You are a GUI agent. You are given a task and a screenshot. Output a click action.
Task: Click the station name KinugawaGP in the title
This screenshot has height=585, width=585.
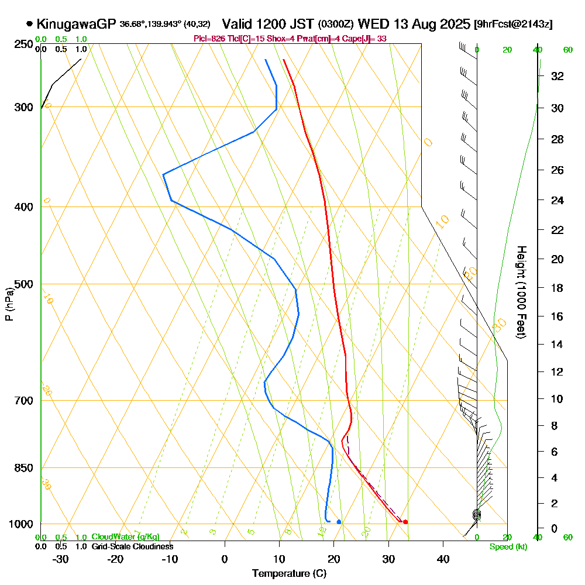coord(76,24)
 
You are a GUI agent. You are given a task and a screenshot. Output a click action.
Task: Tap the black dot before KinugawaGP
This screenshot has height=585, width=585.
coord(29,24)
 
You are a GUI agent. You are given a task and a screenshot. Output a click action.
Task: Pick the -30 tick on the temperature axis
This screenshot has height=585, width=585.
coord(61,559)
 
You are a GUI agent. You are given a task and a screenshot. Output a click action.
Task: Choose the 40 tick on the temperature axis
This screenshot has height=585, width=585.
coord(443,559)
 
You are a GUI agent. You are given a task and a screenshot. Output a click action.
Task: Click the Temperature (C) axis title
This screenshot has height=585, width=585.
coord(289,574)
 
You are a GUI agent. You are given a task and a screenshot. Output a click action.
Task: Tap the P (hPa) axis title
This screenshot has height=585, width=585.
coord(9,304)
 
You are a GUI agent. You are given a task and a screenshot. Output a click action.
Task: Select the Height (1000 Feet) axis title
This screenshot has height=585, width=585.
coord(520,292)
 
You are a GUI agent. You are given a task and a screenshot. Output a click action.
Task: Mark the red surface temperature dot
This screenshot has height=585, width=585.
coord(405,522)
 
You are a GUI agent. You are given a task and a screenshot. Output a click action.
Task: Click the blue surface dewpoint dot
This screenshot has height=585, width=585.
coord(339,522)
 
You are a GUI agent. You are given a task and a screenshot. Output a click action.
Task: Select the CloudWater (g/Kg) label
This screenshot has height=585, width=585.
coord(125,537)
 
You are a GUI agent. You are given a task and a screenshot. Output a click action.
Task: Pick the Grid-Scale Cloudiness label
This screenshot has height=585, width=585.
coord(132,546)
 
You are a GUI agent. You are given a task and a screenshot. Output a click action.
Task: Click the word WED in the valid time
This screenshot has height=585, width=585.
coord(371,24)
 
